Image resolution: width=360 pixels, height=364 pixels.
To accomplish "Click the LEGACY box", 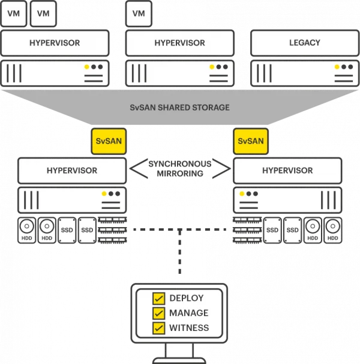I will (305, 43).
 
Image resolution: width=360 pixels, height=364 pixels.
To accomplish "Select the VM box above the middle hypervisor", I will (139, 13).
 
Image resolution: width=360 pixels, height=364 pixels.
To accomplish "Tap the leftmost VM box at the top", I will (13, 13).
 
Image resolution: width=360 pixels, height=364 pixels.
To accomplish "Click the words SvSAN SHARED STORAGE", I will (179, 108).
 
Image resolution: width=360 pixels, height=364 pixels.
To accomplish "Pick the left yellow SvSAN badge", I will (109, 142).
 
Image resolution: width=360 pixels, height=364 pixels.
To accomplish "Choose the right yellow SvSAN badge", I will (250, 142).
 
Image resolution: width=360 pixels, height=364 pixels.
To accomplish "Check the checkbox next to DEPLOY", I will (159, 299).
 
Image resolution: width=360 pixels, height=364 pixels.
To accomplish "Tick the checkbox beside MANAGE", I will (159, 313).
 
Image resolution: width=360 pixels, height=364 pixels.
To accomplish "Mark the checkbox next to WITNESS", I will (159, 328).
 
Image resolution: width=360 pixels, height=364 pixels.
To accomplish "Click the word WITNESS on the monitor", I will (189, 328).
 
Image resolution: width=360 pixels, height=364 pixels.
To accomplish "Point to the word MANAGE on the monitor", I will (189, 313).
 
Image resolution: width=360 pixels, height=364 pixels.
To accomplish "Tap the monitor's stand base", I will (179, 359).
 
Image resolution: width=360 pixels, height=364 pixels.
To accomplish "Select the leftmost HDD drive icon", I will (26, 231).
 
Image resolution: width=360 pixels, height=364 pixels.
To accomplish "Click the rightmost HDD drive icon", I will (332, 231).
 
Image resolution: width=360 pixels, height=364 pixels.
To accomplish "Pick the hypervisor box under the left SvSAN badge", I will (72, 171).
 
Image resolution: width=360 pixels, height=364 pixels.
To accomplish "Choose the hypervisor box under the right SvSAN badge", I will (287, 171).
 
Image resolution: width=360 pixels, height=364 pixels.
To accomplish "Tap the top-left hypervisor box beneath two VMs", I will (55, 43).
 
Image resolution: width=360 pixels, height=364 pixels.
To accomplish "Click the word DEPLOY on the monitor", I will (187, 299).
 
